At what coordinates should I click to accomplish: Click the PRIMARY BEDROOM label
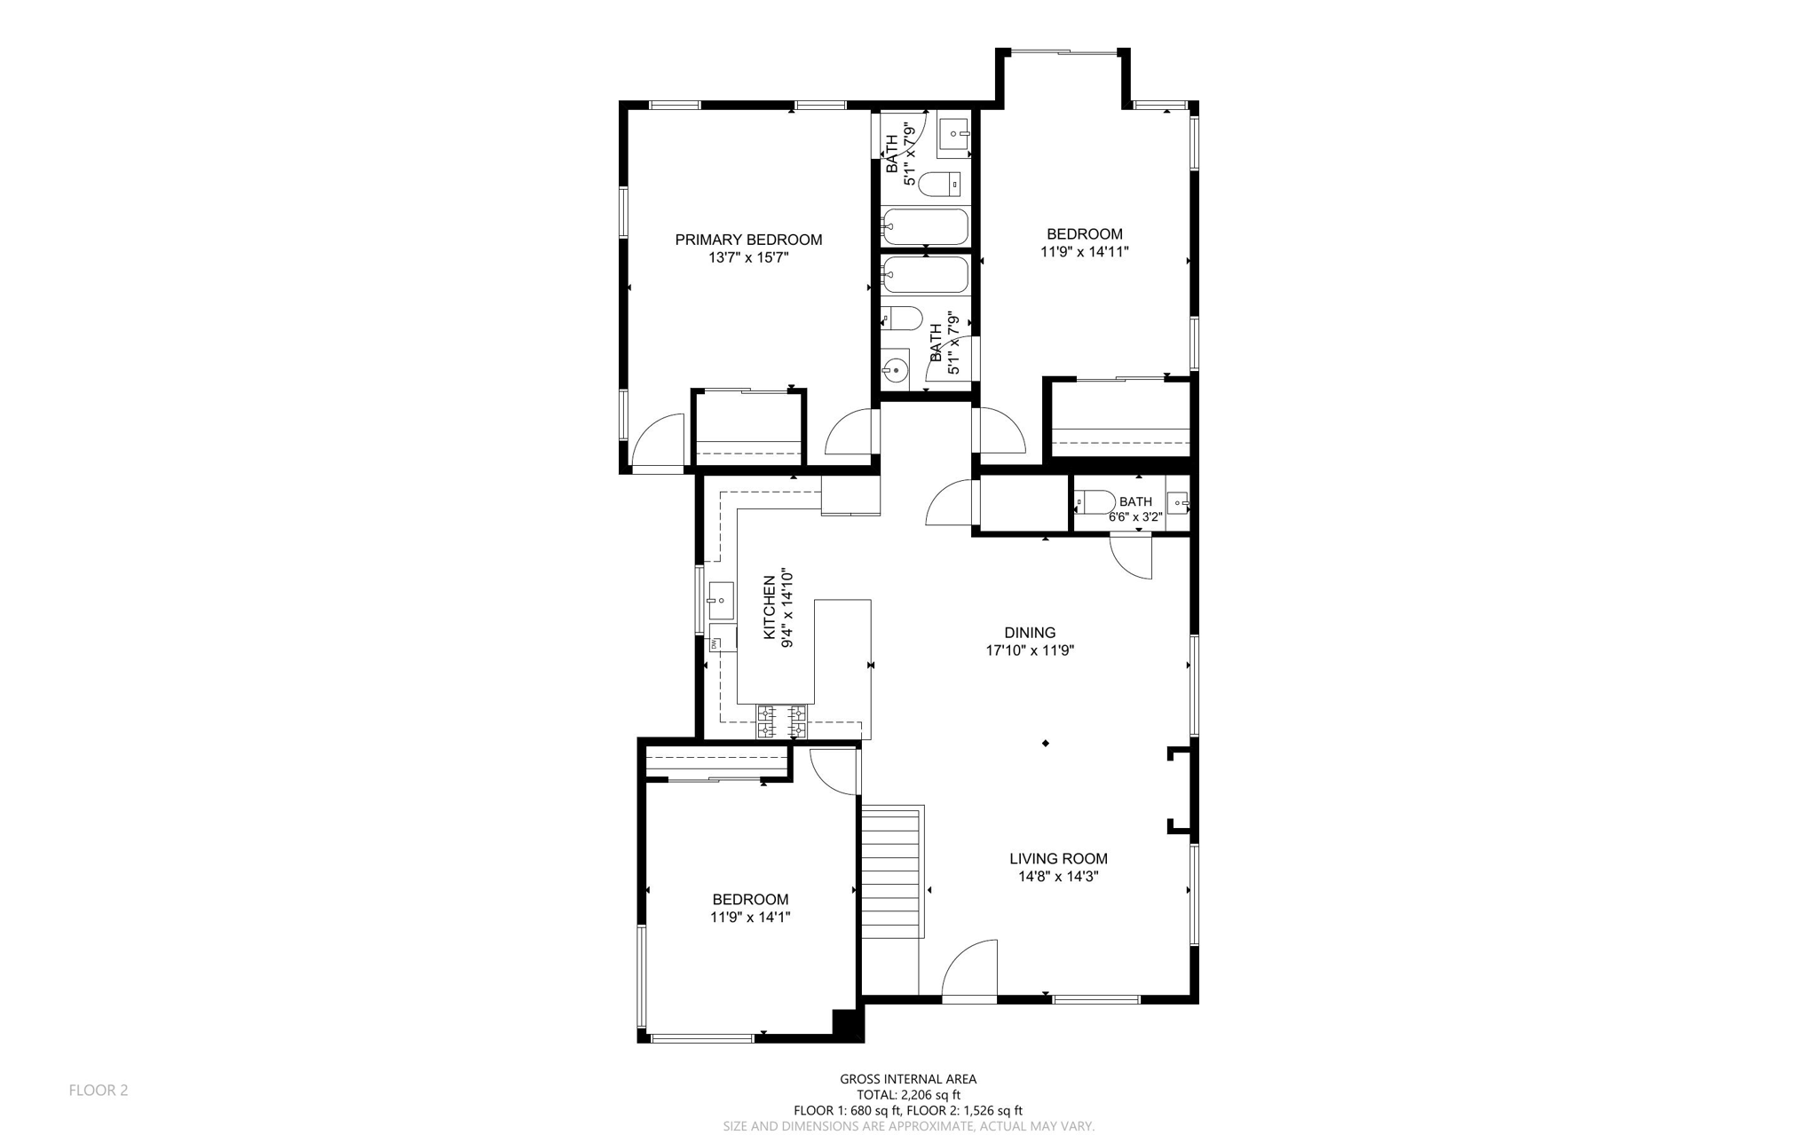click(748, 240)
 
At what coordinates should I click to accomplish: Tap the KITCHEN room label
click(770, 607)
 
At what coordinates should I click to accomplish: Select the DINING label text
click(1030, 633)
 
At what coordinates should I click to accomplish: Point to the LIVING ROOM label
click(1058, 858)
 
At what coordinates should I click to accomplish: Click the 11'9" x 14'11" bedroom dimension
click(1085, 252)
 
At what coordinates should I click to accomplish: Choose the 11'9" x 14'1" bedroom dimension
click(750, 918)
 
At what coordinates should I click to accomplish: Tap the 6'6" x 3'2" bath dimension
click(1135, 516)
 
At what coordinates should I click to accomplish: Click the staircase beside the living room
click(893, 871)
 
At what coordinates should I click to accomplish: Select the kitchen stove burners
click(781, 721)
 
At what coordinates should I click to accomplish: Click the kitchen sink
click(720, 601)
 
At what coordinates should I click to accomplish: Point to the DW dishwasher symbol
click(715, 643)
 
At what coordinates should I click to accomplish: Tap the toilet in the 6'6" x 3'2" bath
click(1095, 502)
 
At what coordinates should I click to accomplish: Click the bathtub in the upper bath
click(925, 226)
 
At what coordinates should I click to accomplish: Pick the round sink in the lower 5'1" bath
click(896, 368)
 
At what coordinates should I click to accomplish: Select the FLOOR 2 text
click(99, 1090)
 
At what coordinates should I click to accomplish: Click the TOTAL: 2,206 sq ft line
click(908, 1095)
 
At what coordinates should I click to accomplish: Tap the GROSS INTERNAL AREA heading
click(908, 1079)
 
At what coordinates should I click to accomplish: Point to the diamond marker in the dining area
click(1046, 743)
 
